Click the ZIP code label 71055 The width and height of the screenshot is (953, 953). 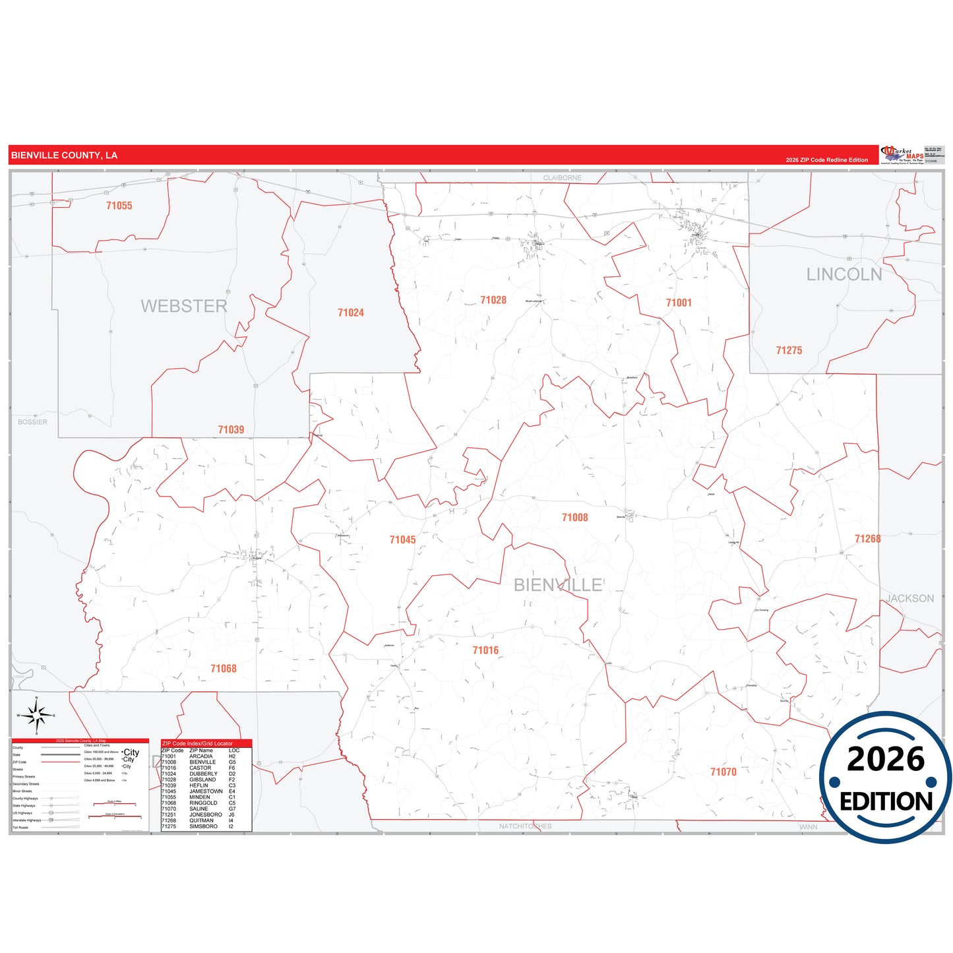[119, 206]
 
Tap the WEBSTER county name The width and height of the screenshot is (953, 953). [183, 306]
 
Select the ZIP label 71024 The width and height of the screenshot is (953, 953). [350, 313]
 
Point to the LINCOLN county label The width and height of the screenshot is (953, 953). [844, 274]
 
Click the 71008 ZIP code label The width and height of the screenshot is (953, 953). [574, 518]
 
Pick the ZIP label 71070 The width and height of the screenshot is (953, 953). [723, 772]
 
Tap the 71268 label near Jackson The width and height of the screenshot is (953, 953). [867, 539]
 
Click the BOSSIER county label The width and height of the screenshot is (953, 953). [32, 422]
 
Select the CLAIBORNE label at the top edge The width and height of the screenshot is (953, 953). [562, 178]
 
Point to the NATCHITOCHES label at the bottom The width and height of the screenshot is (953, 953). [525, 826]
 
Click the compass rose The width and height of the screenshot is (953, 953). [37, 715]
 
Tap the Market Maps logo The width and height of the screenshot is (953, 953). [903, 155]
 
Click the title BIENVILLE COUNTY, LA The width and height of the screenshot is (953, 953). [64, 156]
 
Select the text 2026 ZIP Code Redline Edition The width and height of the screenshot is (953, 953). [826, 160]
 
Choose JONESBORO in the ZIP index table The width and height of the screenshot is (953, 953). [205, 815]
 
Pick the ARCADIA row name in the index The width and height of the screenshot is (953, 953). [200, 756]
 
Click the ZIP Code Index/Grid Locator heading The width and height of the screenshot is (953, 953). [197, 743]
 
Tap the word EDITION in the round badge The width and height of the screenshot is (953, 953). [886, 801]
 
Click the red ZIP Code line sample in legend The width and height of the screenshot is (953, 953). [61, 762]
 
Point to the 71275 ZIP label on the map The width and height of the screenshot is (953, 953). [789, 351]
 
